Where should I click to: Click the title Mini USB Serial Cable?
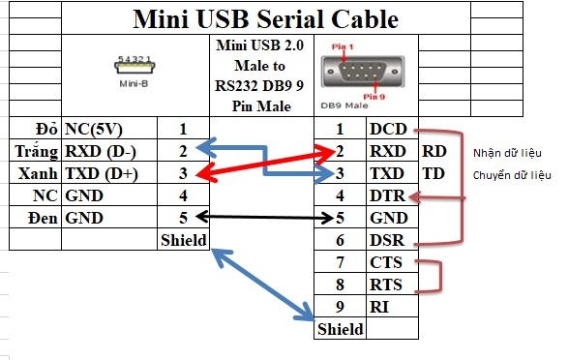pos(264,19)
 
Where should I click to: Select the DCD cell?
pos(390,129)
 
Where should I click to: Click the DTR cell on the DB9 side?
pos(390,196)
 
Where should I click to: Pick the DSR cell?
pos(390,240)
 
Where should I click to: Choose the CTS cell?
pos(390,262)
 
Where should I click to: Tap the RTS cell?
pos(390,285)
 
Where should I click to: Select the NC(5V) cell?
pos(94,129)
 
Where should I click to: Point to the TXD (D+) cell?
pos(102,173)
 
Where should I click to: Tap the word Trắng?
pos(38,151)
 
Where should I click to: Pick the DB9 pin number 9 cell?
pos(340,307)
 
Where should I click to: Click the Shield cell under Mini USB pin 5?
pos(183,240)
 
